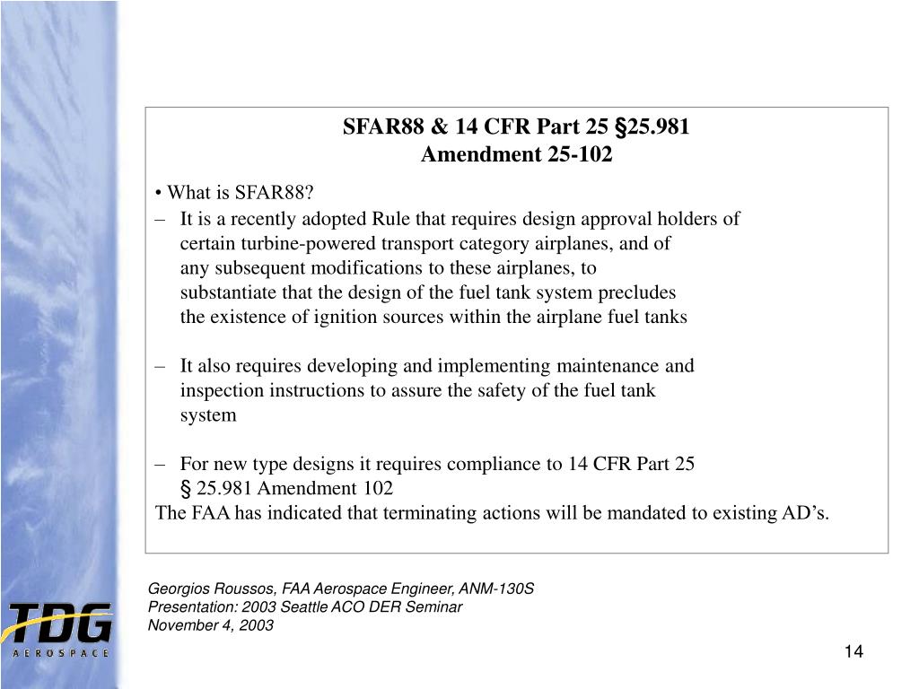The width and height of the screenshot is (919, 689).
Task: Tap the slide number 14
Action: (853, 652)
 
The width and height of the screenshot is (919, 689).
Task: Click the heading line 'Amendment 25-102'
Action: (517, 155)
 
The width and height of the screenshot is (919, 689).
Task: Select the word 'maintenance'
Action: (608, 366)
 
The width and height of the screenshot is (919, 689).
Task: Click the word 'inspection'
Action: (221, 390)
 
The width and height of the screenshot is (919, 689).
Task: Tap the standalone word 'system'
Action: (208, 414)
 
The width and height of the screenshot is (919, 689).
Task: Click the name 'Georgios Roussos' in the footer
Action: (211, 589)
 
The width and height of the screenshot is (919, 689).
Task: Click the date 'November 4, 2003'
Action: (210, 625)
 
